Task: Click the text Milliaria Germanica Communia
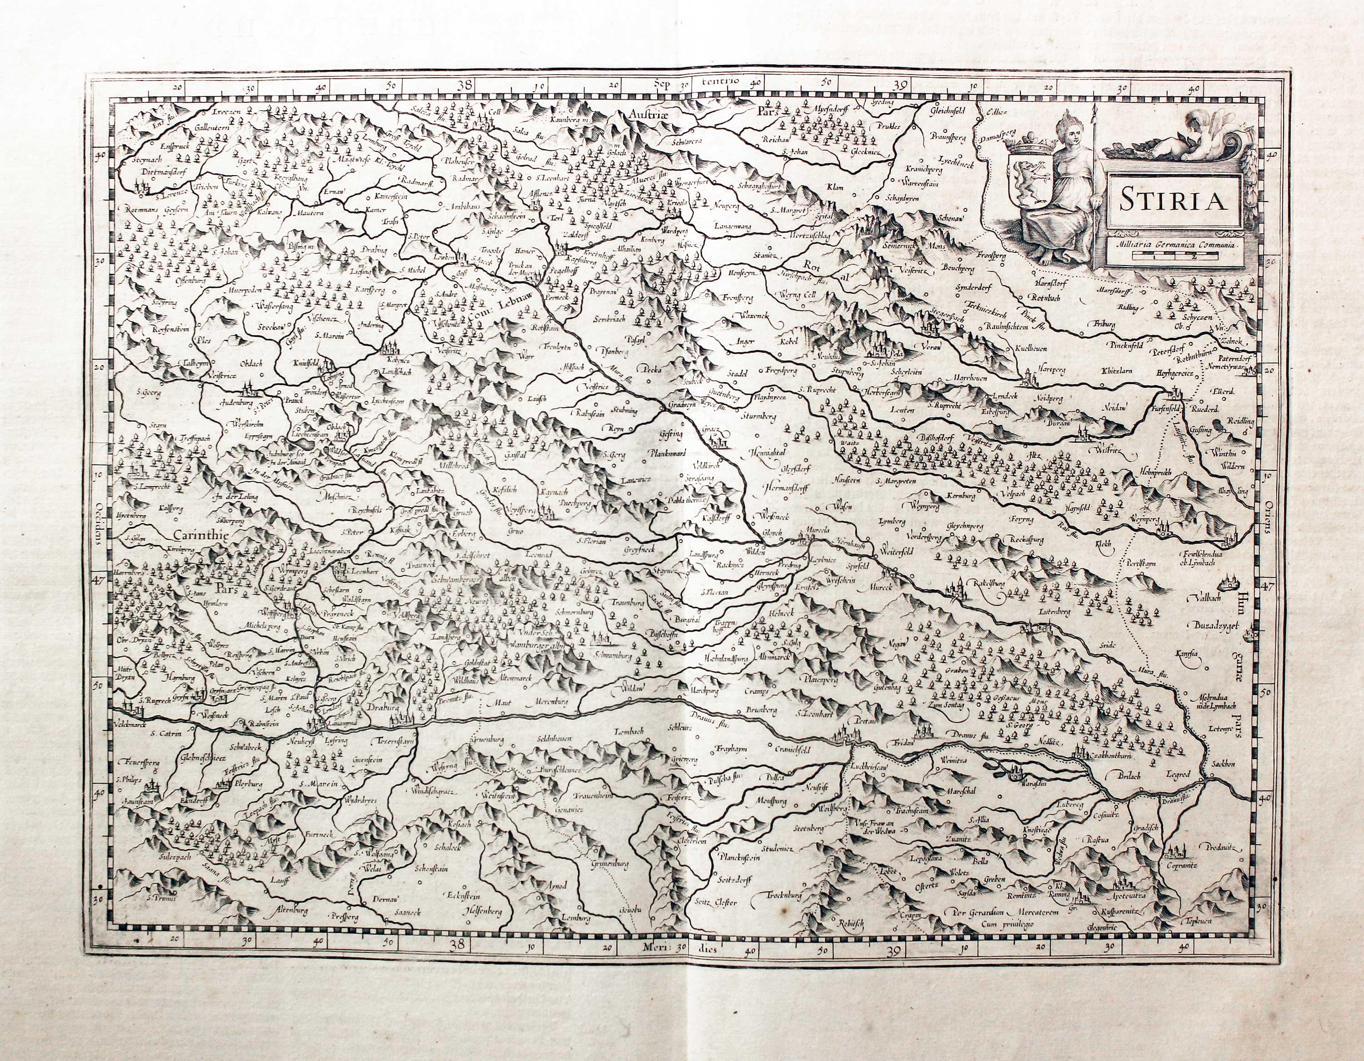click(x=1165, y=244)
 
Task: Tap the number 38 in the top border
click(x=464, y=85)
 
